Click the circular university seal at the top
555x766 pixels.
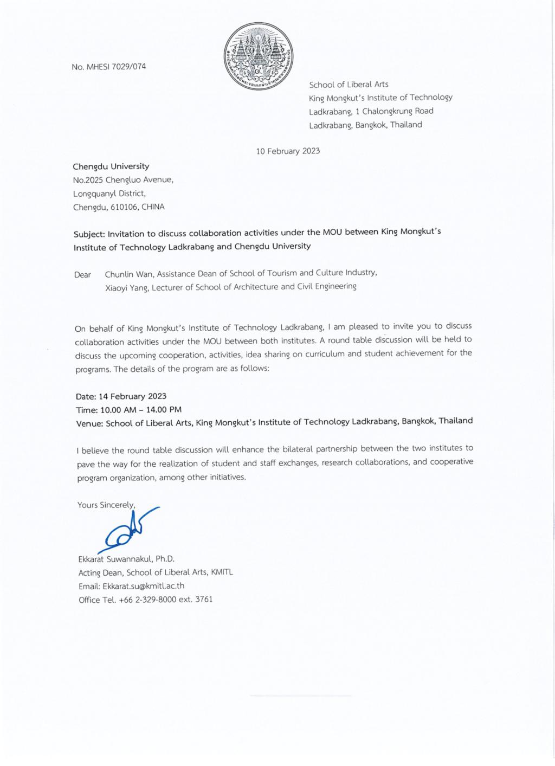(x=259, y=56)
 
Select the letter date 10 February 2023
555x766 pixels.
(x=288, y=151)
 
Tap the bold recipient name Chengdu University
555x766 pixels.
(x=111, y=166)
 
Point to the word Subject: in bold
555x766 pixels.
(x=89, y=234)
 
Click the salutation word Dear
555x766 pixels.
(x=82, y=275)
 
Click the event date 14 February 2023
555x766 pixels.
(x=132, y=396)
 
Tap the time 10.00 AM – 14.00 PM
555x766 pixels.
(x=141, y=410)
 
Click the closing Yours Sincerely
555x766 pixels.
(x=106, y=505)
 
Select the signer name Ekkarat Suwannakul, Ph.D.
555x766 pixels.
(x=126, y=558)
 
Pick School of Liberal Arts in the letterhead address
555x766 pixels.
(x=349, y=85)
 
